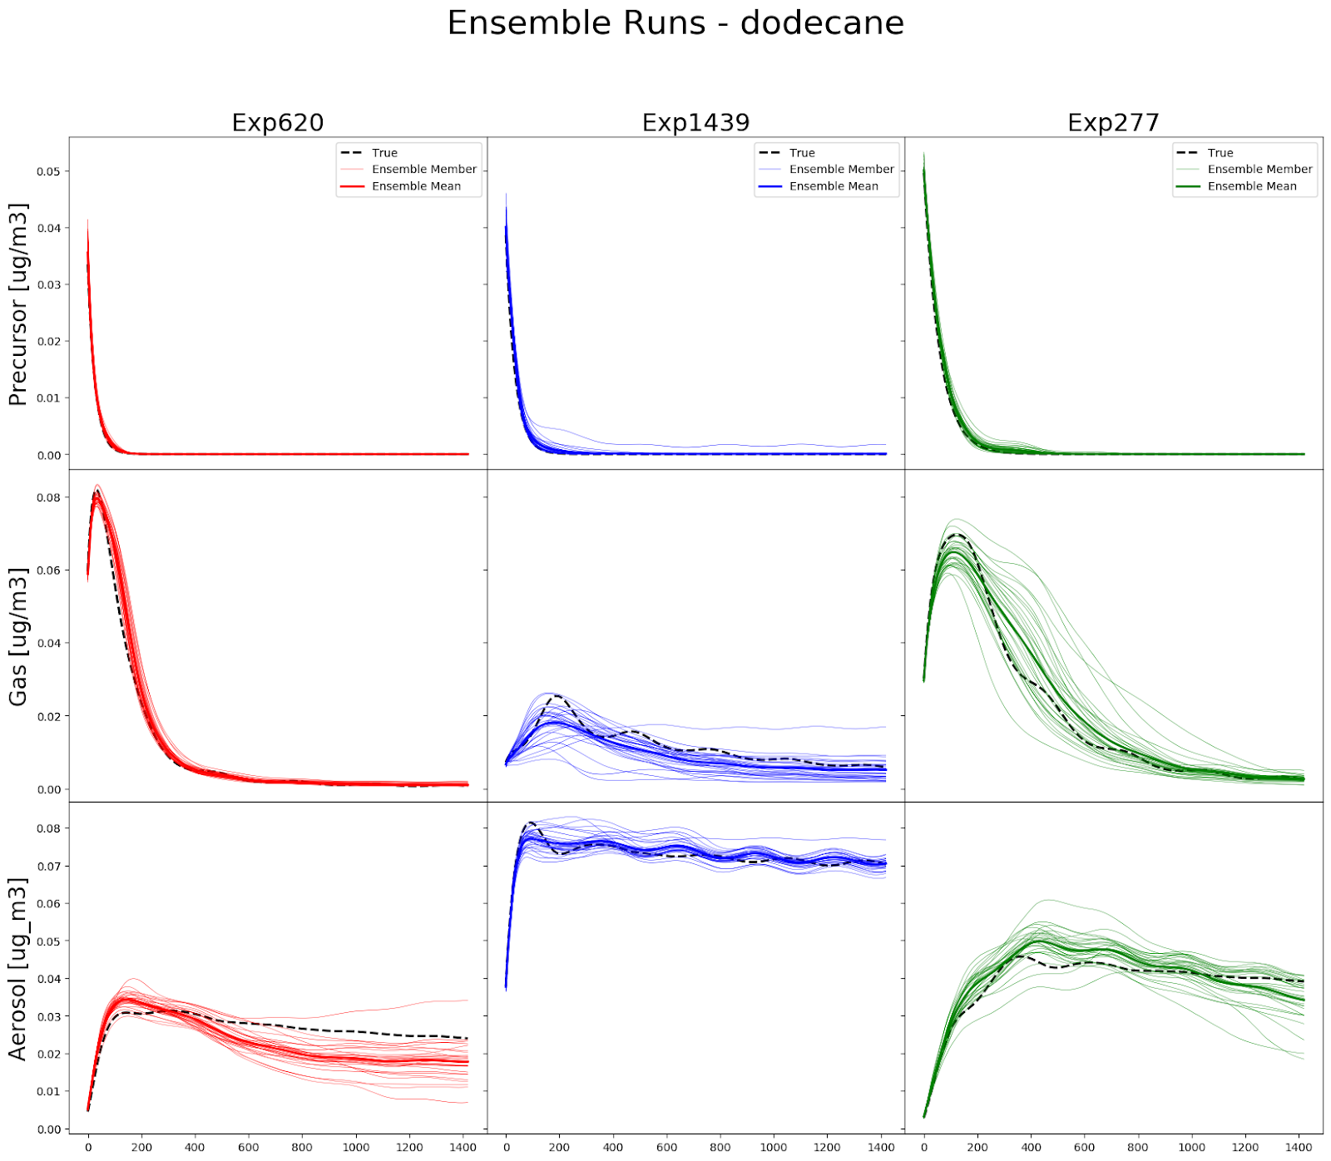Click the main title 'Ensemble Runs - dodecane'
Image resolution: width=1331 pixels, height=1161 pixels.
click(x=675, y=23)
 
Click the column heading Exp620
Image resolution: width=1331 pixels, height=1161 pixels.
click(x=277, y=123)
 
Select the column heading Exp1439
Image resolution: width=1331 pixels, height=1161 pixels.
click(x=695, y=123)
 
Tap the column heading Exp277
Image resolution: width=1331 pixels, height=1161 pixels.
click(x=1113, y=123)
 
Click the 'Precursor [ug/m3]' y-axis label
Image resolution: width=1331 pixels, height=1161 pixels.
click(x=18, y=304)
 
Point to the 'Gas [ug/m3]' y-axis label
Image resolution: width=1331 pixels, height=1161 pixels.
click(x=18, y=637)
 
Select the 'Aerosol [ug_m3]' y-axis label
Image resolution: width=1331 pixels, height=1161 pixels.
click(x=18, y=969)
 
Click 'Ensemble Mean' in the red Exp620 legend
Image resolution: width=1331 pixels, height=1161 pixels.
click(x=416, y=186)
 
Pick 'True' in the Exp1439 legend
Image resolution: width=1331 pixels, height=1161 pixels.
click(x=802, y=153)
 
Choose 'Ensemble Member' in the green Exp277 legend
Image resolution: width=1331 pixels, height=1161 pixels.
click(x=1259, y=170)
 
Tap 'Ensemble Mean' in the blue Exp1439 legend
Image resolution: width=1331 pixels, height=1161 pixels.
click(x=834, y=186)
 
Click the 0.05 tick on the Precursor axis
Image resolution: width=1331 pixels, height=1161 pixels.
click(x=48, y=172)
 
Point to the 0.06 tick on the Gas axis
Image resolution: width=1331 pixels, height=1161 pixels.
click(x=48, y=571)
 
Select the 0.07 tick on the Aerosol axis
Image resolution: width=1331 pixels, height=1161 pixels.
click(x=48, y=867)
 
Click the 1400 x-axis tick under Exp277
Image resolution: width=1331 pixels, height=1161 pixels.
click(x=1299, y=1148)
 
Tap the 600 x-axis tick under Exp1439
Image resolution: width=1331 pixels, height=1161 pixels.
click(x=666, y=1148)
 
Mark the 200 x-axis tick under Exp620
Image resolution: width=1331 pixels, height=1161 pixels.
click(x=141, y=1148)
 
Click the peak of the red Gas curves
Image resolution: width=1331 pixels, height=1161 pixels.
click(x=97, y=492)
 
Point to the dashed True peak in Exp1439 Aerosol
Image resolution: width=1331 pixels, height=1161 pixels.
click(x=530, y=823)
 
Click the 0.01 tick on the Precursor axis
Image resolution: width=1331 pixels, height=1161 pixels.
click(x=48, y=398)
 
